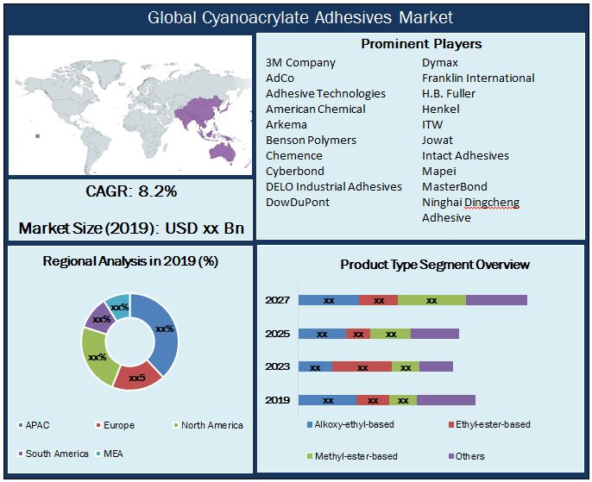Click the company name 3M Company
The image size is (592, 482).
[300, 63]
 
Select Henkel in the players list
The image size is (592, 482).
[440, 110]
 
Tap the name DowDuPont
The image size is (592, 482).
[298, 203]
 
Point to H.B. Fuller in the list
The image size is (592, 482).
[449, 94]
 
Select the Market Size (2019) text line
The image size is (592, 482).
[131, 228]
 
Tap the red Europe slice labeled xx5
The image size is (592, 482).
[137, 377]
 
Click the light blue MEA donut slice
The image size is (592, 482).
[119, 306]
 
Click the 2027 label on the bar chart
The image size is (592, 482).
[277, 300]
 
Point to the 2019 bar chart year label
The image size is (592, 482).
[277, 400]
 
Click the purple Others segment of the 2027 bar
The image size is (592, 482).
[496, 300]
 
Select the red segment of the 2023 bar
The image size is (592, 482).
[362, 366]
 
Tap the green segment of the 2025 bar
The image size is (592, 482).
[390, 334]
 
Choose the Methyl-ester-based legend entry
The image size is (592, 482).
[353, 456]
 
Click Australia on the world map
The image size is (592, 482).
[222, 152]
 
